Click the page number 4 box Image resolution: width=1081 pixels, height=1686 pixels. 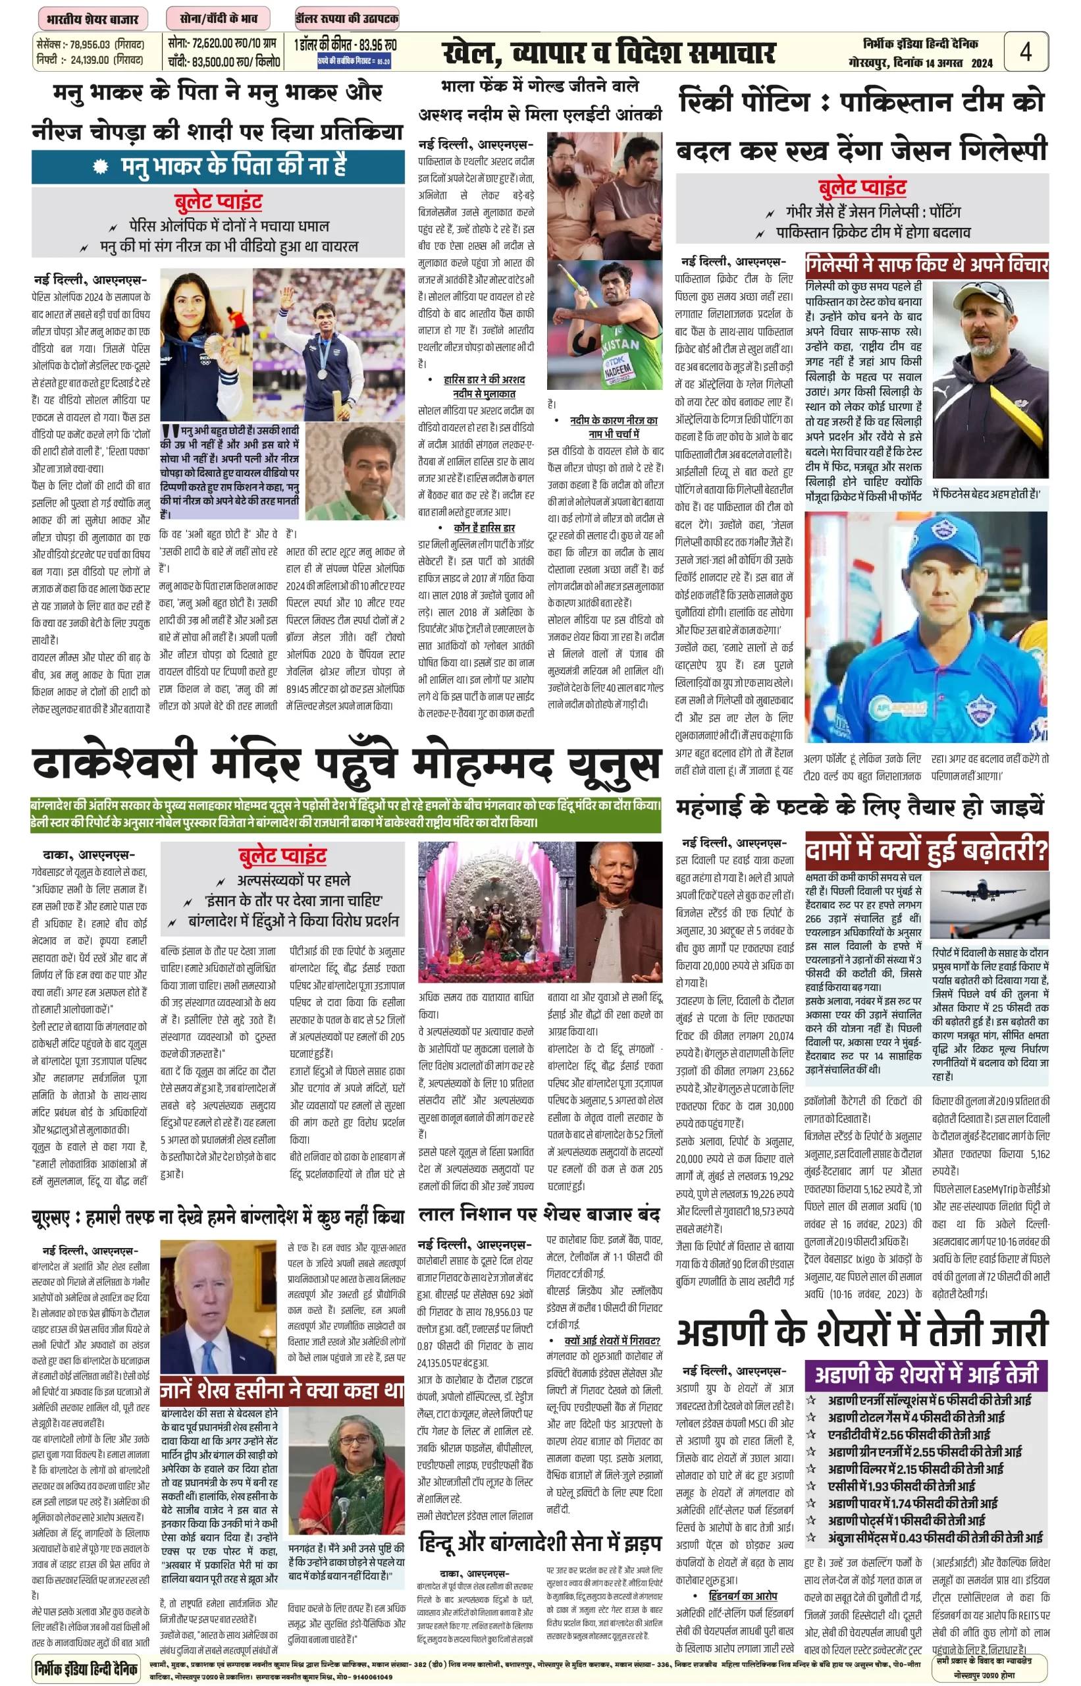click(1026, 51)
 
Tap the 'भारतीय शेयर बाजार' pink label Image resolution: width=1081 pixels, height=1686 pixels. click(92, 18)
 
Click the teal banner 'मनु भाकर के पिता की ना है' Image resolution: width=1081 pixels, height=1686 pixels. click(218, 167)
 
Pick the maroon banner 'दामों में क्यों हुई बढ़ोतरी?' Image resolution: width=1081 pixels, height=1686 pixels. click(926, 850)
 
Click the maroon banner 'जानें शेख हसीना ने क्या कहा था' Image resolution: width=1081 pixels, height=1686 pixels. click(282, 1390)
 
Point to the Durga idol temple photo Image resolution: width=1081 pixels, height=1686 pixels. click(496, 911)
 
